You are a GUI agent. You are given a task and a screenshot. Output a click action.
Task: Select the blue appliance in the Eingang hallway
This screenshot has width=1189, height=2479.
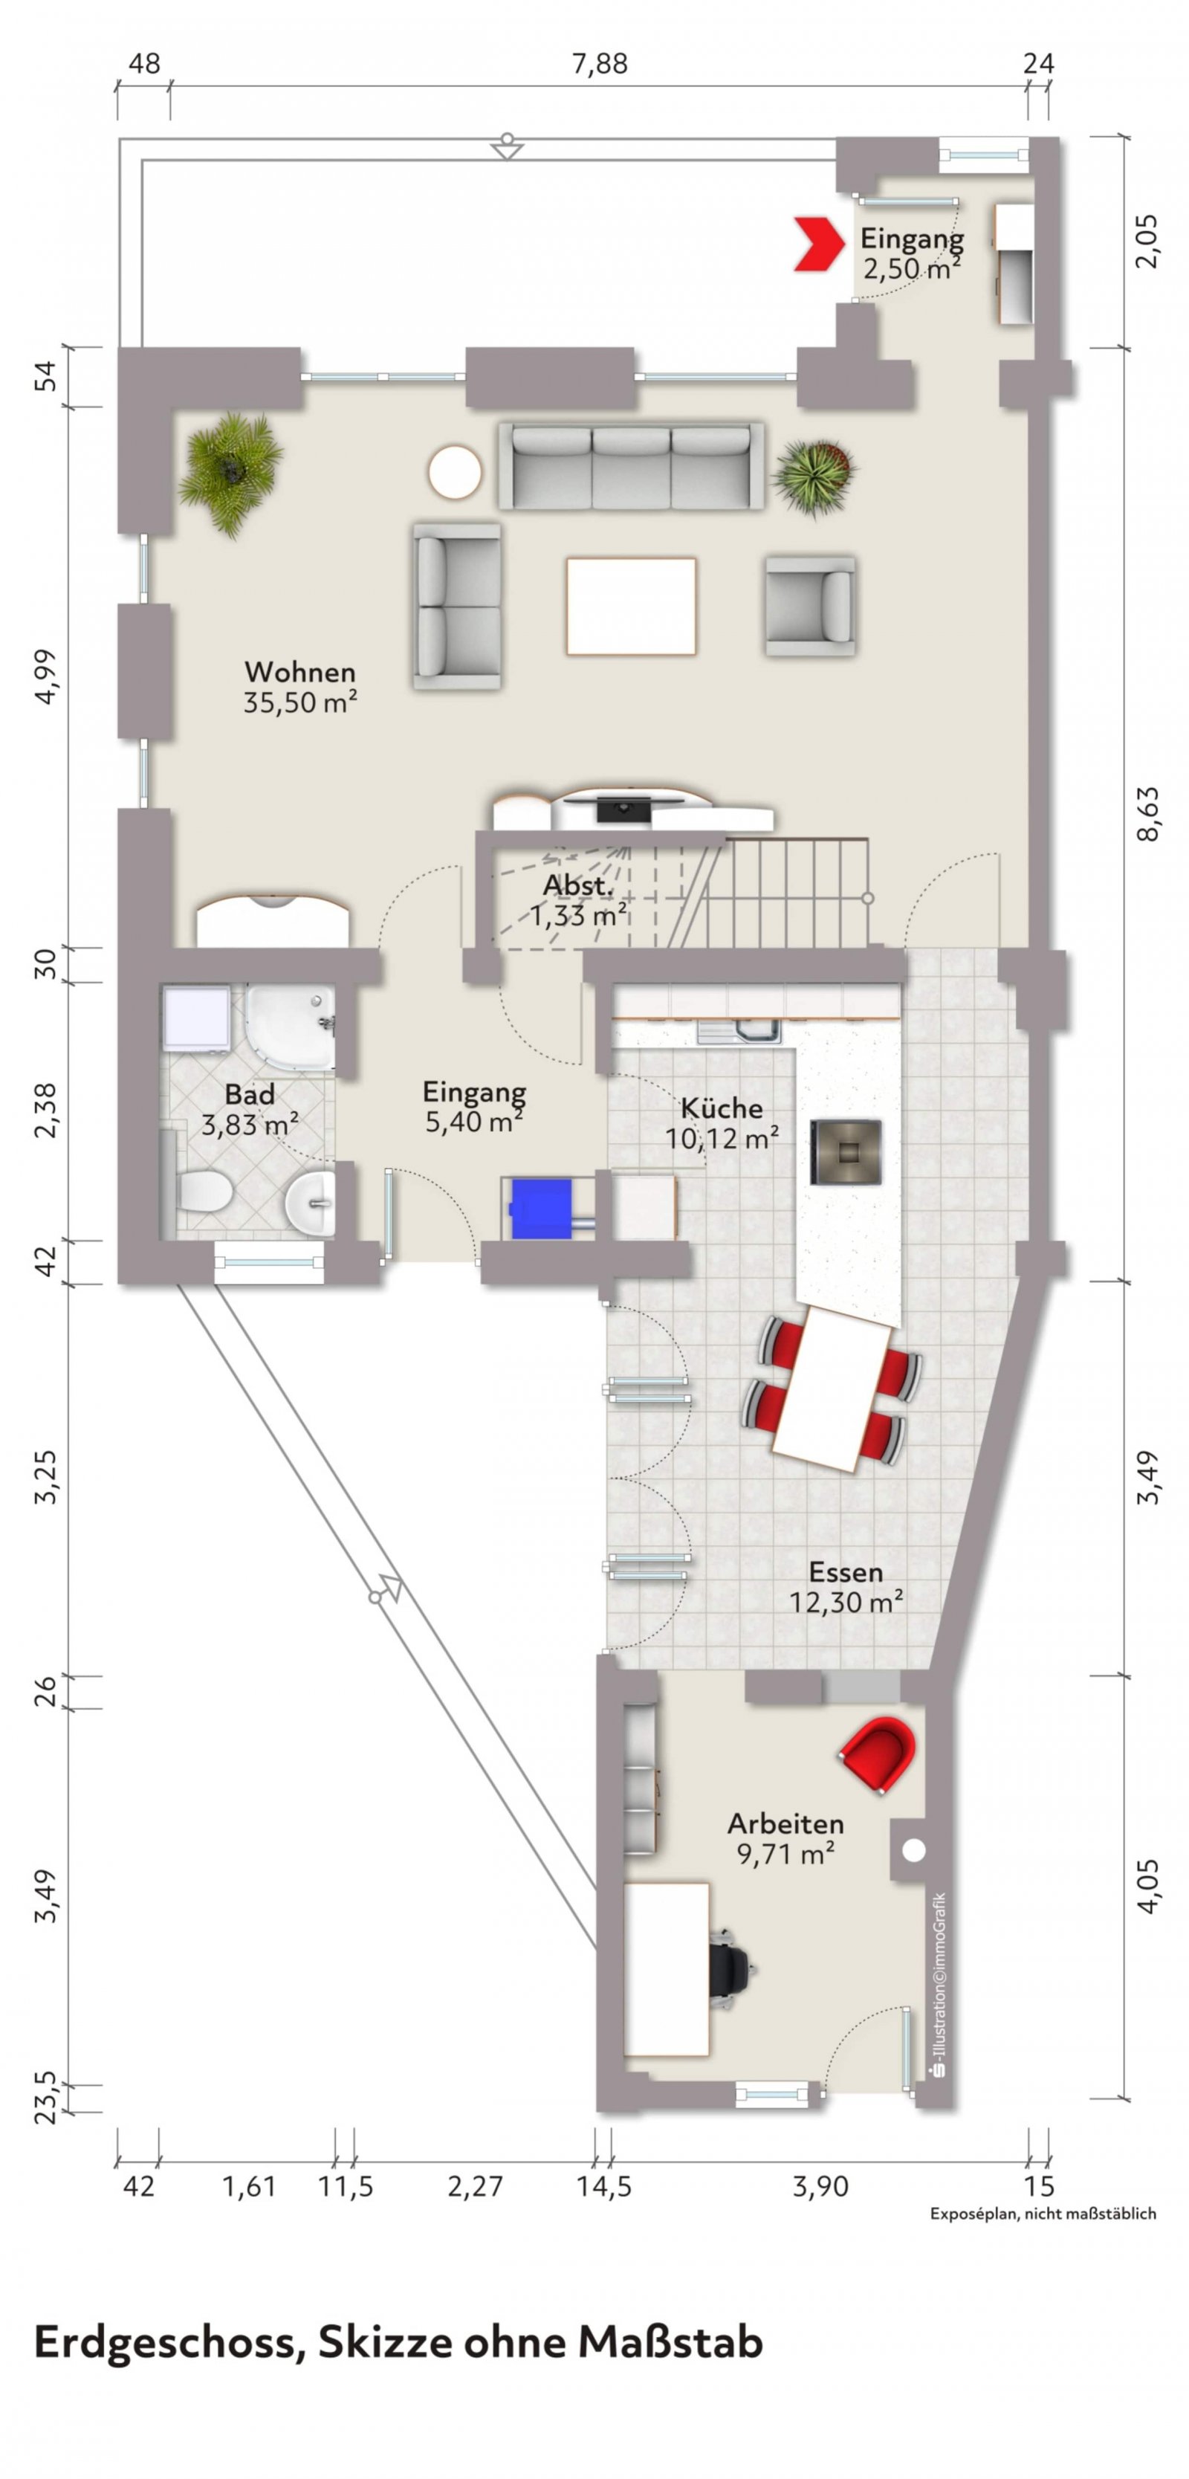pos(542,1209)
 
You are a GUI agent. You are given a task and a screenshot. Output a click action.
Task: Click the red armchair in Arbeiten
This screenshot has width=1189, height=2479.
pos(878,1754)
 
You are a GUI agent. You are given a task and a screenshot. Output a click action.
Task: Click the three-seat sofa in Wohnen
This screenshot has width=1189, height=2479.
pos(631,467)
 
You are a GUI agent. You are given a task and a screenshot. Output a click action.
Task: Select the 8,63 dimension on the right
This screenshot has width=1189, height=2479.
pos(1149,814)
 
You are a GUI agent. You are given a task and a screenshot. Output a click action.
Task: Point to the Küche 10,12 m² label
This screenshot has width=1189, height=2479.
pos(722,1124)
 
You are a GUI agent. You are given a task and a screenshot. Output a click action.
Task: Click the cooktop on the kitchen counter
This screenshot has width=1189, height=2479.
pos(846,1151)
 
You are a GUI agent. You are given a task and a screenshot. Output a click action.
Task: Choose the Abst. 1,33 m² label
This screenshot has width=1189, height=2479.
pos(579,899)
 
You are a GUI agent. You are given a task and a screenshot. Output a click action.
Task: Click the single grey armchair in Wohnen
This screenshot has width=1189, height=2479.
pos(810,605)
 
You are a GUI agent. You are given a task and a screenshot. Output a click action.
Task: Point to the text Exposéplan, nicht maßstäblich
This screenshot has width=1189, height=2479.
pos(1043,2214)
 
